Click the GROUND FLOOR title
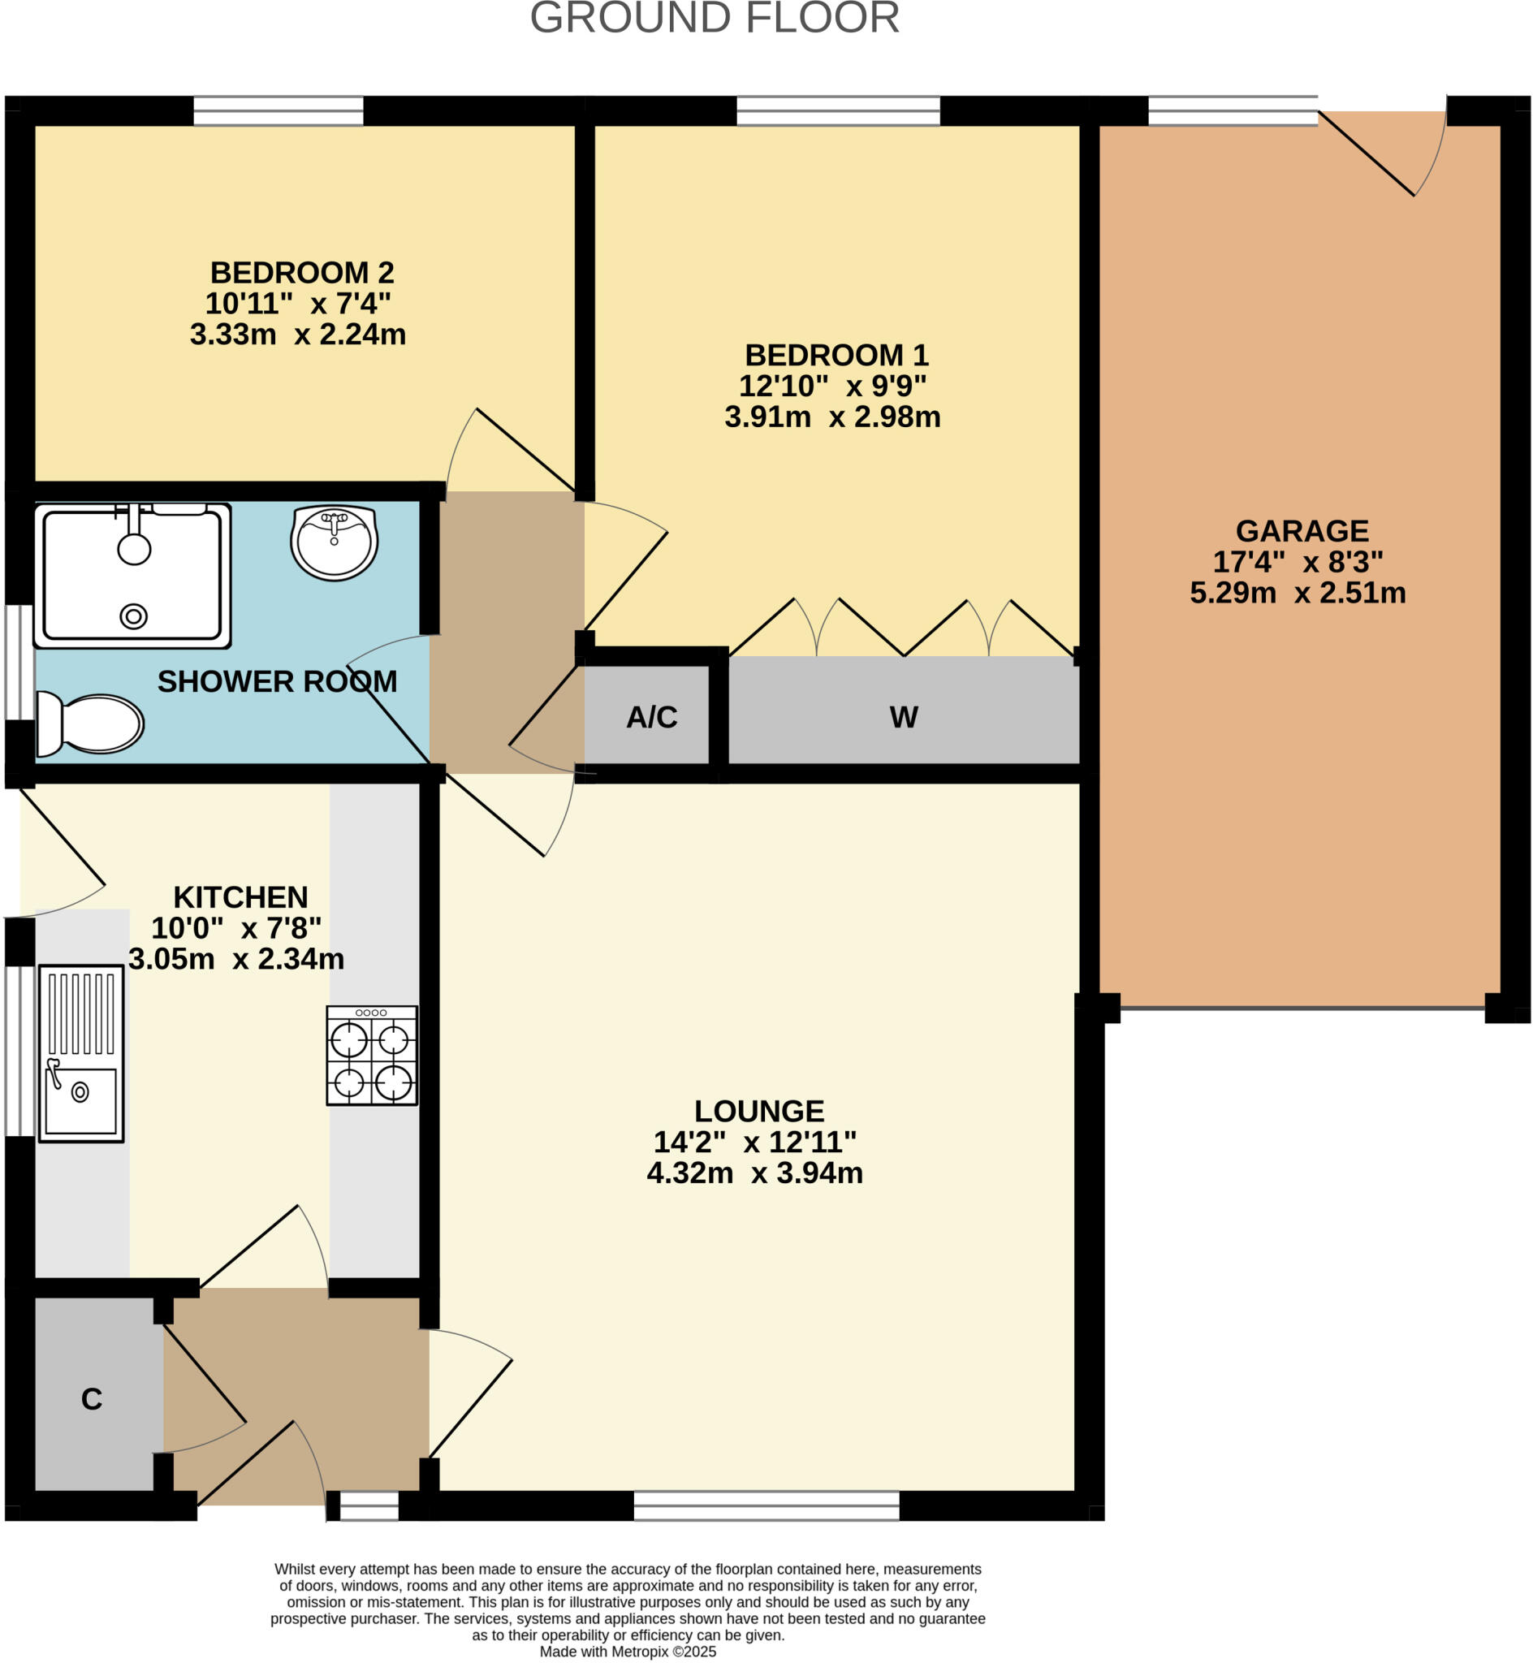[x=715, y=18]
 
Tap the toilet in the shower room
[x=91, y=724]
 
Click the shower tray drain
[x=133, y=616]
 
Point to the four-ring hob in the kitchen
[x=372, y=1055]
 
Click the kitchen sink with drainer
[x=80, y=1053]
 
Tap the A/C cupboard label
[x=651, y=718]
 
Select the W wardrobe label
[x=904, y=718]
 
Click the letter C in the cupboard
[x=91, y=1399]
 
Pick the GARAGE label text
[x=1302, y=531]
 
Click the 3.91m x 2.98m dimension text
[x=832, y=417]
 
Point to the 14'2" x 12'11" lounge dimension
[x=754, y=1143]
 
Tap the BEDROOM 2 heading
[x=301, y=273]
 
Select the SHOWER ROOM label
[x=277, y=682]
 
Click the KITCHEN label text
[x=240, y=897]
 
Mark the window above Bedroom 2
[x=278, y=111]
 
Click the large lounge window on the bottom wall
[x=766, y=1505]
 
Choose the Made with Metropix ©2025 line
[x=627, y=1652]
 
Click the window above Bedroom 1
[x=838, y=111]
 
